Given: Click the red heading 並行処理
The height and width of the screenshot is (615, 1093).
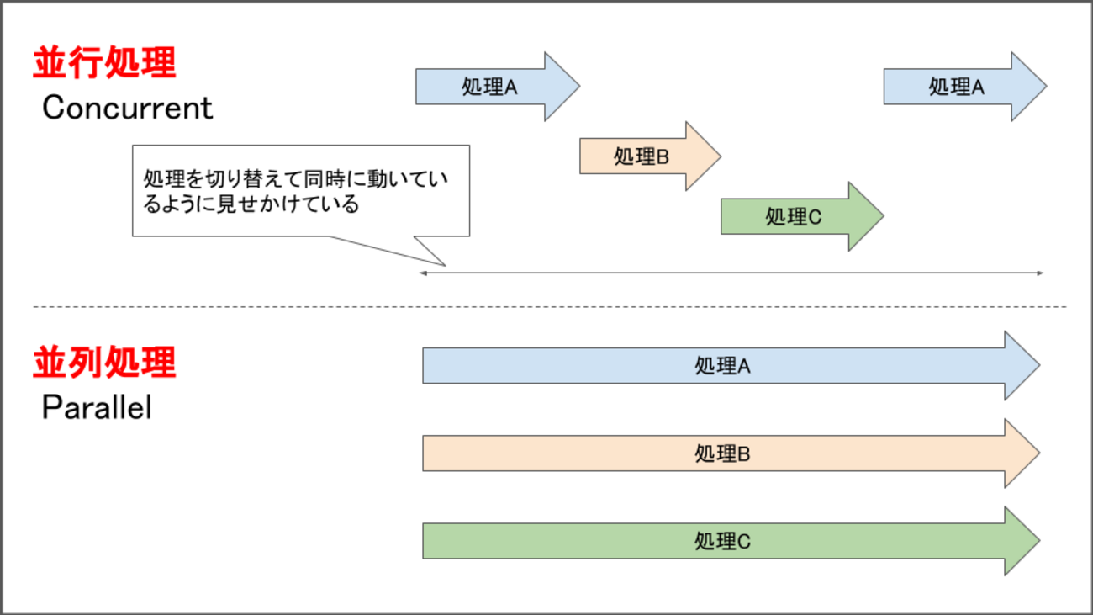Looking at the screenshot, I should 104,64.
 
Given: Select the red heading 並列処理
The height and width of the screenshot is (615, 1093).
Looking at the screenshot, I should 104,363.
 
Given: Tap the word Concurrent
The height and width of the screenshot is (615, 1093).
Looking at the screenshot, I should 128,108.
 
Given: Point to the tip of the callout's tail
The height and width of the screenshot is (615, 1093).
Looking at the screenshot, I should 444,265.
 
